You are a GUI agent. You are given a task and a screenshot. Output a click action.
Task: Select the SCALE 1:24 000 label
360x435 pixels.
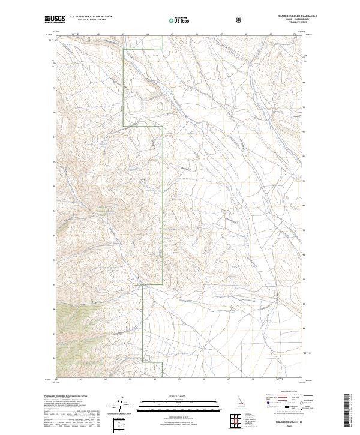click(179, 394)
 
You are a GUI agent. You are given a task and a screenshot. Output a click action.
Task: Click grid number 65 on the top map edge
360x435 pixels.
click(172, 35)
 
